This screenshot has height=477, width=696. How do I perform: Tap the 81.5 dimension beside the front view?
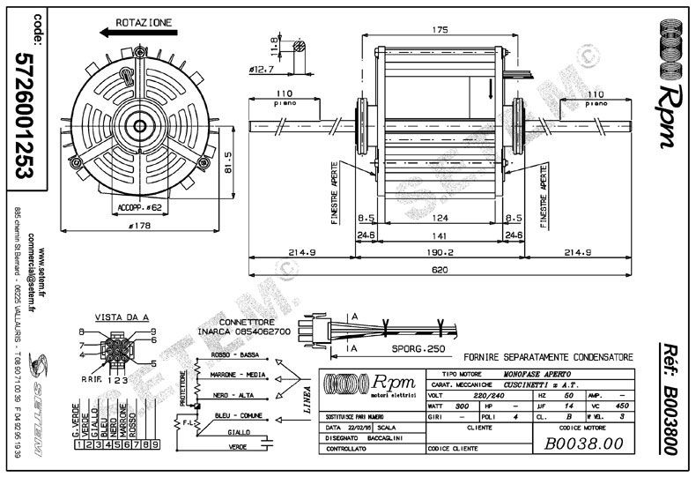click(x=226, y=161)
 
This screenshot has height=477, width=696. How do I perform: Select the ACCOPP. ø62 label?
click(x=138, y=208)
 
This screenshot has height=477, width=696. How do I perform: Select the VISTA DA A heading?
click(x=116, y=317)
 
